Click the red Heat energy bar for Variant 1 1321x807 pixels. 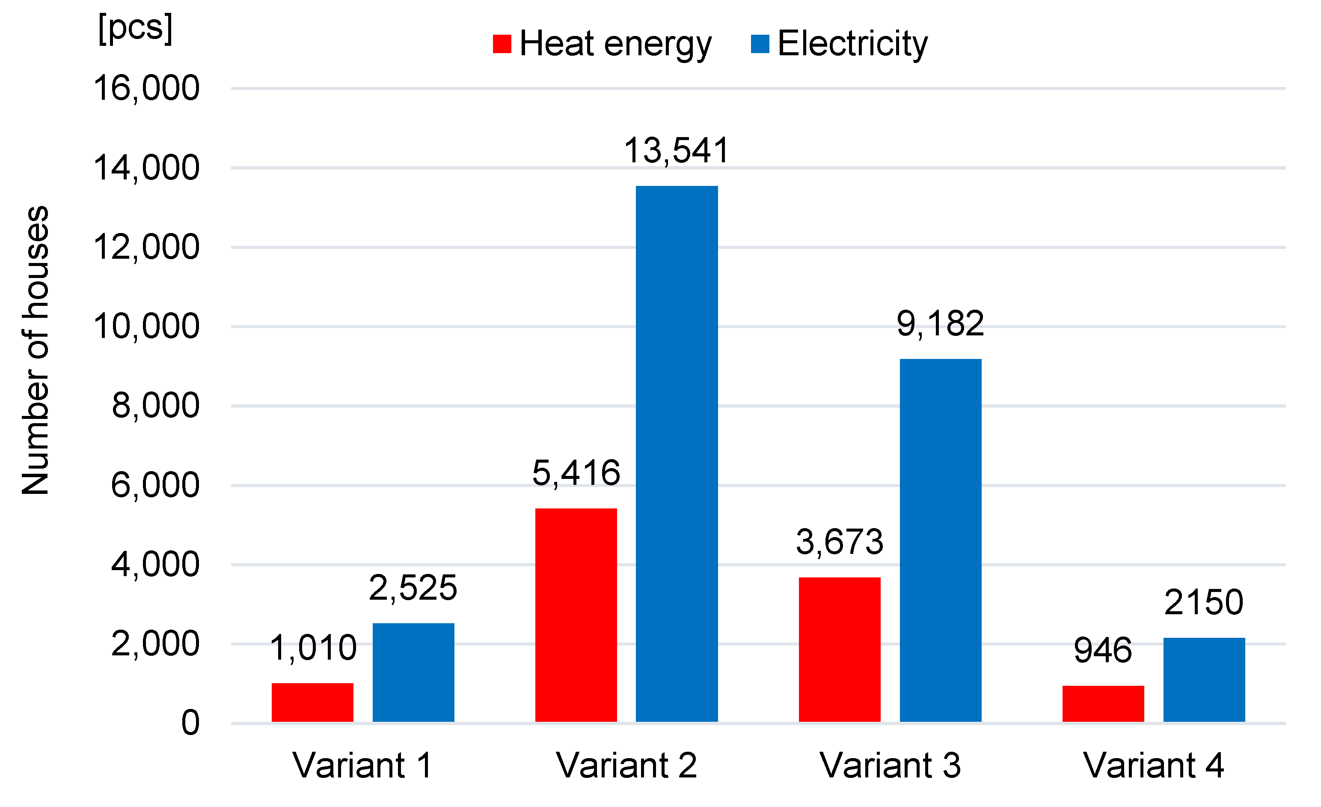[x=312, y=702]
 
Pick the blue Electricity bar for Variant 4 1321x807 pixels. [x=1204, y=680]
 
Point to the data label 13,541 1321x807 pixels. [x=677, y=150]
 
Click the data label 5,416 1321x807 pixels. [x=576, y=473]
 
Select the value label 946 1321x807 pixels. [x=1103, y=650]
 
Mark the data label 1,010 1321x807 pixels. [x=312, y=648]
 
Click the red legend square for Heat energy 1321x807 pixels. [x=502, y=44]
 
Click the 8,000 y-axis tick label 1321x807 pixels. [x=155, y=406]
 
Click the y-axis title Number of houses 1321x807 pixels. [x=36, y=350]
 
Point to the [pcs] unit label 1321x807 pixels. [x=135, y=28]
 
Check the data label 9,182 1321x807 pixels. [x=940, y=324]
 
